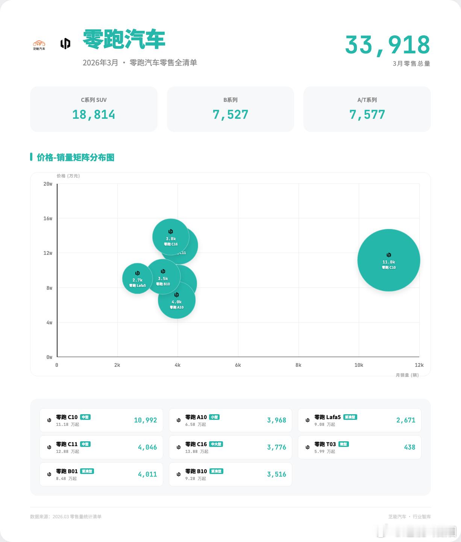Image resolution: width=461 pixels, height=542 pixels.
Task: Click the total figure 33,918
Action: point(387,45)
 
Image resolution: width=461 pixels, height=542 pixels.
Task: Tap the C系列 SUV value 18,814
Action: point(94,115)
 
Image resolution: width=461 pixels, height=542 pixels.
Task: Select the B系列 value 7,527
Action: point(231,115)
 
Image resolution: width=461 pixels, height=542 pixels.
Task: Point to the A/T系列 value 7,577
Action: point(367,115)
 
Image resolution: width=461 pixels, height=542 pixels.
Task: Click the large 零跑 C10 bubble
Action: point(388,260)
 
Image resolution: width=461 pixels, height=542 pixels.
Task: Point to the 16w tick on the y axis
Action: point(48,218)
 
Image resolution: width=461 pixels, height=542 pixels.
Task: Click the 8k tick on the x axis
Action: point(298,365)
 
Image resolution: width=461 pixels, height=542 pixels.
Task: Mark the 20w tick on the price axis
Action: point(48,184)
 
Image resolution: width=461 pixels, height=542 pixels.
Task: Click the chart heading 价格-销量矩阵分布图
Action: point(75,157)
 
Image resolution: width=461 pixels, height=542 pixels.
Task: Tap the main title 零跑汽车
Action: point(124,39)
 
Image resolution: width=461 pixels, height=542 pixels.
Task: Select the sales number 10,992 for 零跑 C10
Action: point(146,420)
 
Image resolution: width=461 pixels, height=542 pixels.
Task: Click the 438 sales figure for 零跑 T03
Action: point(409,447)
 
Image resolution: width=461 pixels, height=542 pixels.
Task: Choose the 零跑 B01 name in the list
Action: point(67,471)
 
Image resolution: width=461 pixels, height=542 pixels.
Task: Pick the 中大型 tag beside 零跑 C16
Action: point(216,444)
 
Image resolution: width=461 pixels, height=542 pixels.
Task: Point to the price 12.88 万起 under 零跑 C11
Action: point(68,451)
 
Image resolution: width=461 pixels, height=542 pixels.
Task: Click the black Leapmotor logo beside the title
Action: point(65,44)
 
